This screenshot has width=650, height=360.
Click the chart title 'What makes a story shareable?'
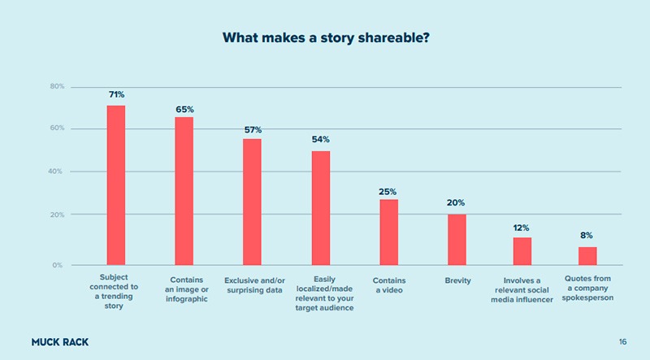tap(325, 37)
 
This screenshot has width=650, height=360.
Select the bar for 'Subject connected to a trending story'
tap(116, 185)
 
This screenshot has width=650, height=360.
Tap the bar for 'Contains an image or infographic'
tap(184, 191)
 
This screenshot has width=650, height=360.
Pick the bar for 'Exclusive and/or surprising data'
tap(253, 202)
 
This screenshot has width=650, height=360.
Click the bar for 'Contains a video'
tap(388, 232)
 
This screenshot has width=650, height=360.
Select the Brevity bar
tap(457, 240)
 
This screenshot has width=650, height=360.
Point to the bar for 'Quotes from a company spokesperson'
tap(587, 256)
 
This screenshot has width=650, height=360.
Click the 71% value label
tap(116, 95)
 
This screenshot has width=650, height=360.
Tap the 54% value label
tap(320, 140)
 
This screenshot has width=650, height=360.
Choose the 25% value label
tap(388, 192)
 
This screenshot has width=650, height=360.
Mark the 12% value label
tap(521, 228)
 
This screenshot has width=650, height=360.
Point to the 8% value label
tap(587, 236)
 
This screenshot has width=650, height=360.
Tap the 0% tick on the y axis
tap(58, 265)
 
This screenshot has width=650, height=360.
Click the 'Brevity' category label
tap(458, 281)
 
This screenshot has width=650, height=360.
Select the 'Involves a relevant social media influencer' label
tap(522, 290)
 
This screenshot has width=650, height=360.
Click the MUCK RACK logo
tap(59, 342)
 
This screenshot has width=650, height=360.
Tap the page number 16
tap(622, 342)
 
